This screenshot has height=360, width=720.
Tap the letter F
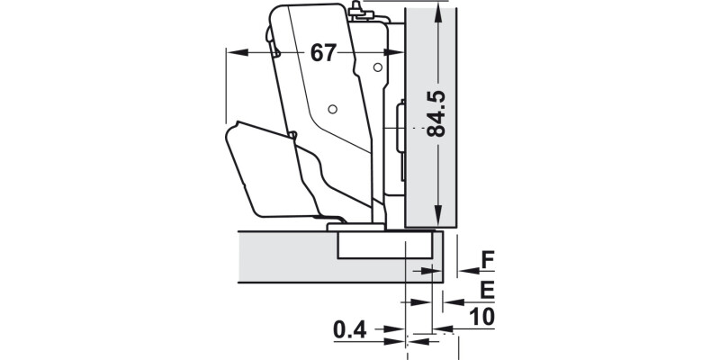click(487, 261)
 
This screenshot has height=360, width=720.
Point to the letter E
click(487, 290)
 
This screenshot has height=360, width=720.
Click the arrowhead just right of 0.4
click(396, 331)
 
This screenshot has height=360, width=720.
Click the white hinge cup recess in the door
click(387, 247)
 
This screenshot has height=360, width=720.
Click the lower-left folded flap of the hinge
click(256, 171)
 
